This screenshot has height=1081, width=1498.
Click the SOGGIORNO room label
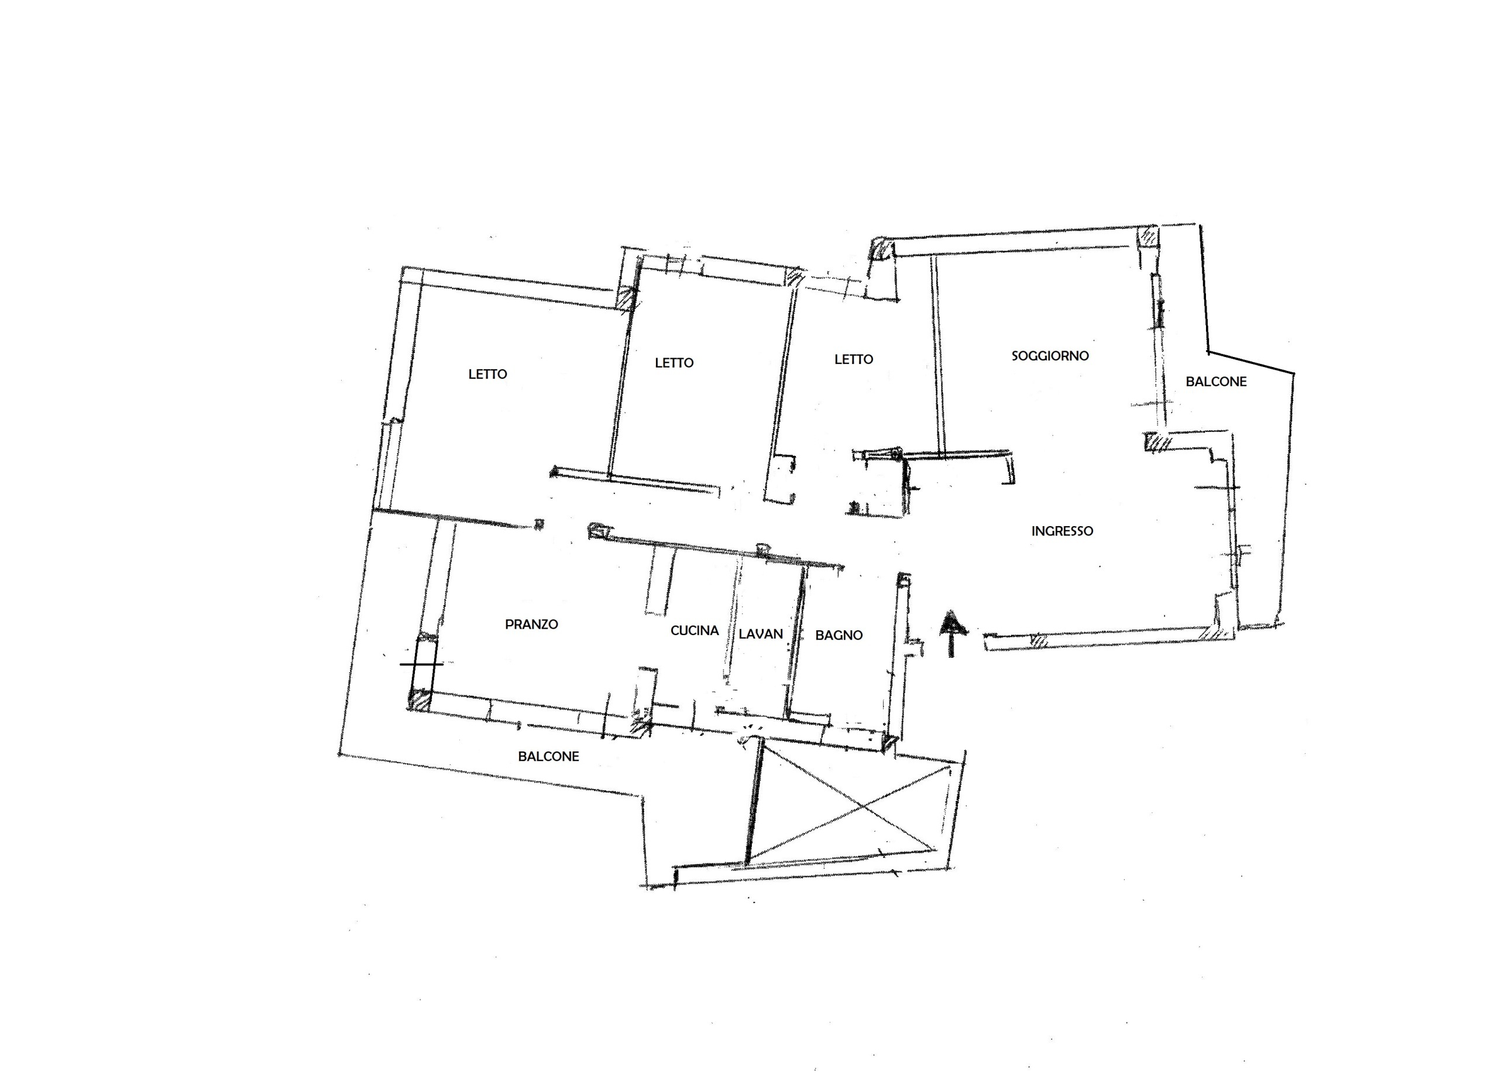coord(1050,355)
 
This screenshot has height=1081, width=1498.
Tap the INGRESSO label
coord(1062,531)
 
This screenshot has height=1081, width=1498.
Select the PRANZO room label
coord(531,624)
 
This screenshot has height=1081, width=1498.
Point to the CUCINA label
coord(694,630)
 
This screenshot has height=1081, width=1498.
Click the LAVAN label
coord(760,634)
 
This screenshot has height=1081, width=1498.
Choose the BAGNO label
coord(839,635)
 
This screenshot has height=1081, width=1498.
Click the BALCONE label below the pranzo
coord(548,756)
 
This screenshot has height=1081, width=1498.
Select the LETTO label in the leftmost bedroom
coord(487,374)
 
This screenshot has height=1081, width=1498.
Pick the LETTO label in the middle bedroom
coord(674,363)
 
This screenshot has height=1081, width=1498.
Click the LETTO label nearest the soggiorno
coord(853,359)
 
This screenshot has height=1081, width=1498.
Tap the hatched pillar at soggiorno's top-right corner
coord(1148,236)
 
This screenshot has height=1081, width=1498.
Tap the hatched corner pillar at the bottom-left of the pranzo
coord(419,700)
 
